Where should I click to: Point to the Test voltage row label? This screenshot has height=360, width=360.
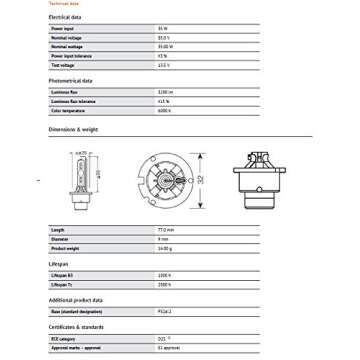point(65,64)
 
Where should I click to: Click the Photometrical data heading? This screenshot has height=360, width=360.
point(69,79)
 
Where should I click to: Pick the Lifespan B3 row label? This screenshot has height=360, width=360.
point(62,274)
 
